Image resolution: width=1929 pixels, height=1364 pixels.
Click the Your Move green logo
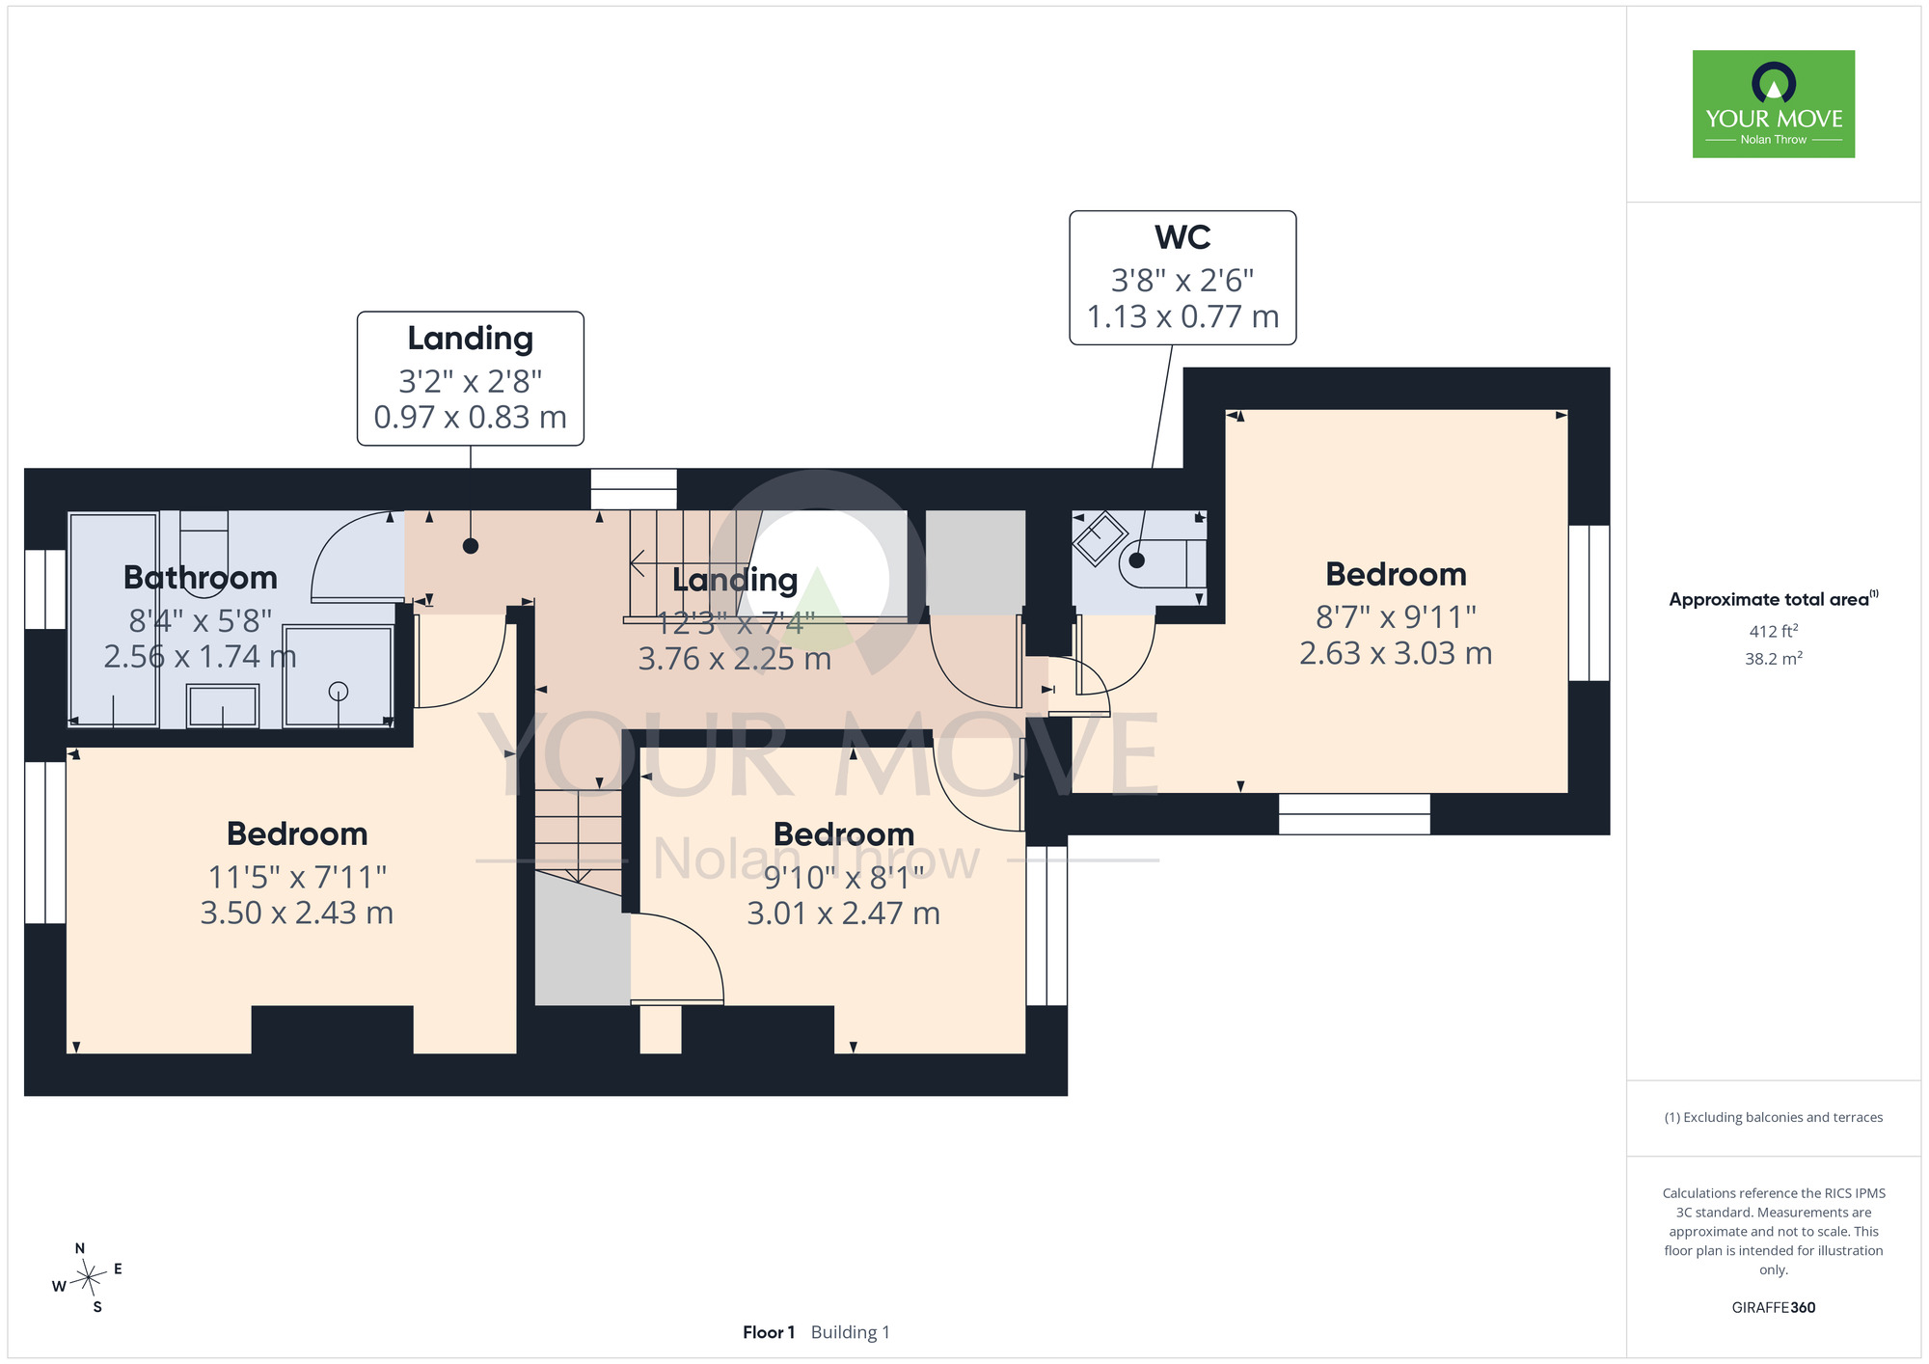[x=1773, y=104]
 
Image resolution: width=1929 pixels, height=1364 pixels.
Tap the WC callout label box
[x=1182, y=278]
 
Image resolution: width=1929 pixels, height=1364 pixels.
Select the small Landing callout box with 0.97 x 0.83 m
[x=471, y=378]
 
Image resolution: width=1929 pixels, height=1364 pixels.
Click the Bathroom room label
[x=201, y=577]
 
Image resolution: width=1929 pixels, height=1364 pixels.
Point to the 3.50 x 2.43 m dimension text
[x=297, y=913]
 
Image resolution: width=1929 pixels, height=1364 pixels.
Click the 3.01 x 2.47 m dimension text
[x=844, y=913]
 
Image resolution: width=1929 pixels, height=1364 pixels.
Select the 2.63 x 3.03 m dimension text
[x=1396, y=653]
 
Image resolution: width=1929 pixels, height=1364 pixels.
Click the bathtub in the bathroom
[x=114, y=619]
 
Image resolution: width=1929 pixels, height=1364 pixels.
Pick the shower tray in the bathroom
[x=339, y=676]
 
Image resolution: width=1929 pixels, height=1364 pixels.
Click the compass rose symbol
[x=88, y=1278]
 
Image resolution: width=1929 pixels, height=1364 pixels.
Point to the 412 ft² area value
[x=1774, y=631]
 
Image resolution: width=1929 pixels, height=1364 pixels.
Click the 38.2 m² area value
[x=1774, y=659]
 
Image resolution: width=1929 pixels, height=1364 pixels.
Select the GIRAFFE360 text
[x=1774, y=1308]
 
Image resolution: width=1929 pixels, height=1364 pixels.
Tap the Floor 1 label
[x=769, y=1332]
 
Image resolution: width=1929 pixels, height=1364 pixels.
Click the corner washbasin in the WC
[x=1100, y=539]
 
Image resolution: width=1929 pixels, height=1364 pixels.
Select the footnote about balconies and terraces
[x=1774, y=1117]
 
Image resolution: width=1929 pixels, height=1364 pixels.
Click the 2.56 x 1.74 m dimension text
[x=201, y=656]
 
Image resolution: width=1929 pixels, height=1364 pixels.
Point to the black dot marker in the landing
[x=471, y=546]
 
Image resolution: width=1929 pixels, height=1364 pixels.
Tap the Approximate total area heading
[x=1774, y=599]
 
